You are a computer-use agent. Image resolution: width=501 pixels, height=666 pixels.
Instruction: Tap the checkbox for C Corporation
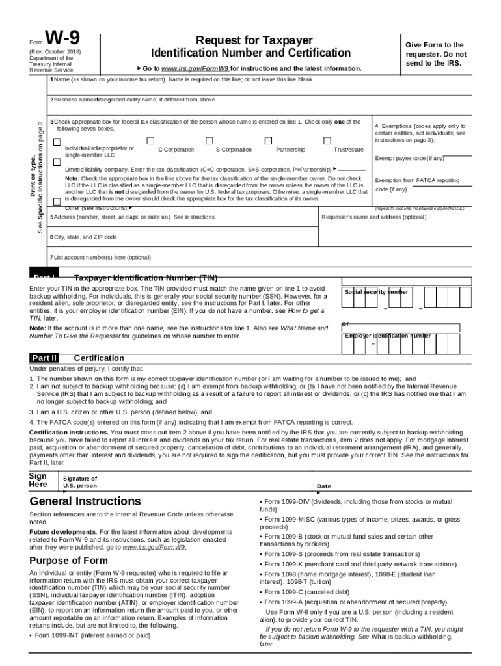pos(151,140)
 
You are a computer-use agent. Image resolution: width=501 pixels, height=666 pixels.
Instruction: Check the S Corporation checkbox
pos(210,140)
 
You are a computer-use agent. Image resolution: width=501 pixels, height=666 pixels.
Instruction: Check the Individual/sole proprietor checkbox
pos(57,142)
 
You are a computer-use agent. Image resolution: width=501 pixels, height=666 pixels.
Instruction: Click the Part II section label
pos(44,358)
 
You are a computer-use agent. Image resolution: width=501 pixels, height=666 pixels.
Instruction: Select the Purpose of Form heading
pos(68,561)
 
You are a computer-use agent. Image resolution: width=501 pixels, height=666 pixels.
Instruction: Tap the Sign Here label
pos(38,481)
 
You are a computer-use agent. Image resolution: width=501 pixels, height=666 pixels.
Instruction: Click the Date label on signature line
pos(323,486)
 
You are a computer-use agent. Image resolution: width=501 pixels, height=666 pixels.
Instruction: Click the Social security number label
pos(376,292)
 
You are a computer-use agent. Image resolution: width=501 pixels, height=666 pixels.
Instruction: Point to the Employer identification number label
pos(387,336)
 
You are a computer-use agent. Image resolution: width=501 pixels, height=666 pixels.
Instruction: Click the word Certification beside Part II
pos(99,358)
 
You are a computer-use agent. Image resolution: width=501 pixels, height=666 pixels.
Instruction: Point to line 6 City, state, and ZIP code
pos(85,237)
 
